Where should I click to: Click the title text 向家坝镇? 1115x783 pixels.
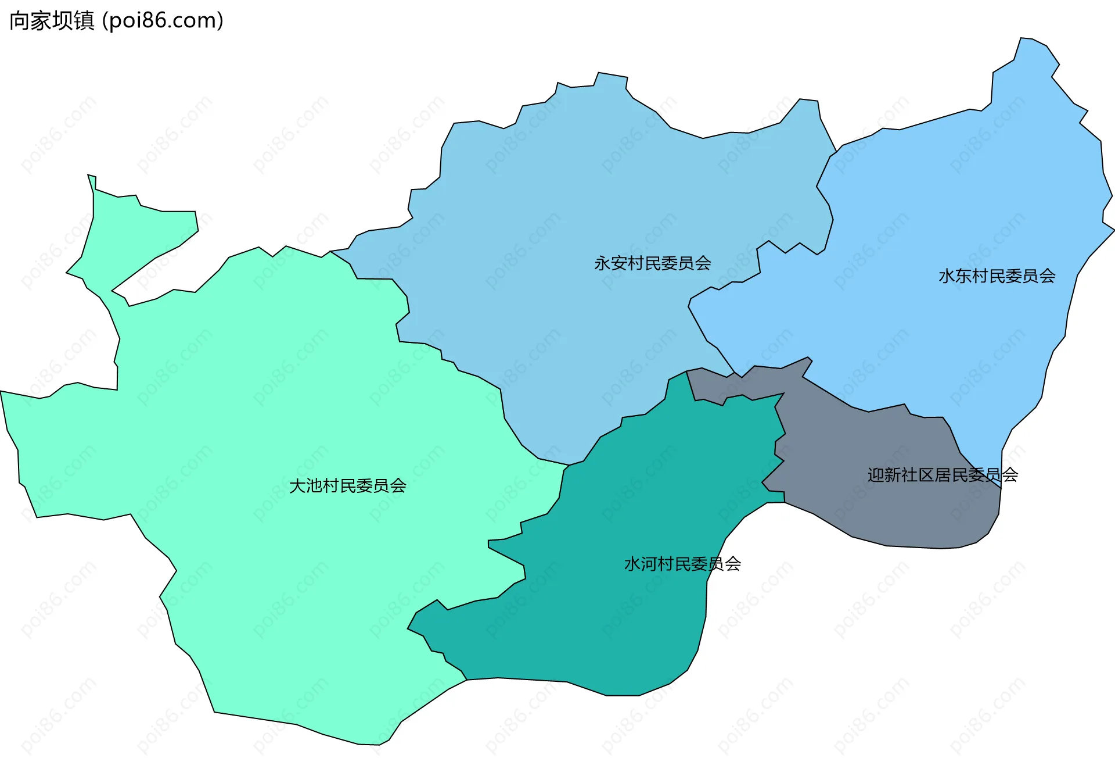[52, 21]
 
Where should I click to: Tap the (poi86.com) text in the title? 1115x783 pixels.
[163, 21]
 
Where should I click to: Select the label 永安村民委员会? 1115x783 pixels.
[652, 263]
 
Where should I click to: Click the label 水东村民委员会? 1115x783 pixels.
[997, 276]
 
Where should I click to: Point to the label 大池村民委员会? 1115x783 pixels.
[347, 486]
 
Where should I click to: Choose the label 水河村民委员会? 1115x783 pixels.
[682, 564]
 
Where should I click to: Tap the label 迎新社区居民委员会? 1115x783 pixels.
[942, 475]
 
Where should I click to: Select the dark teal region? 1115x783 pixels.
[610, 628]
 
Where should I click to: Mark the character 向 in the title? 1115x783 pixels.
[19, 21]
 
